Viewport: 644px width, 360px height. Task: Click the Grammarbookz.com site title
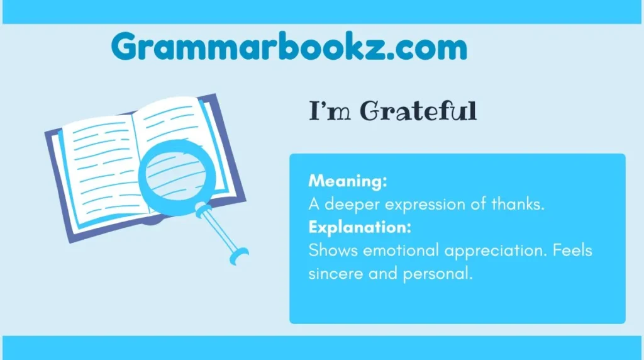pos(289,47)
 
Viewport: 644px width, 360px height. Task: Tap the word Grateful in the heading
pos(418,111)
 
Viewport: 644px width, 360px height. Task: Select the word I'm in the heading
pos(330,111)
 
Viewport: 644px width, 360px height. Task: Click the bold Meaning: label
pos(348,181)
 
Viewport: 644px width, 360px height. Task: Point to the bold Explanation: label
pos(360,227)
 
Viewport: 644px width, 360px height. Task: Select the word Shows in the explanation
pos(333,250)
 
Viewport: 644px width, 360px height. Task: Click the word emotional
pos(401,250)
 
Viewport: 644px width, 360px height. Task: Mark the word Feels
pos(572,250)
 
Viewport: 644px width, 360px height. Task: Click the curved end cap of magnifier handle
pos(239,256)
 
